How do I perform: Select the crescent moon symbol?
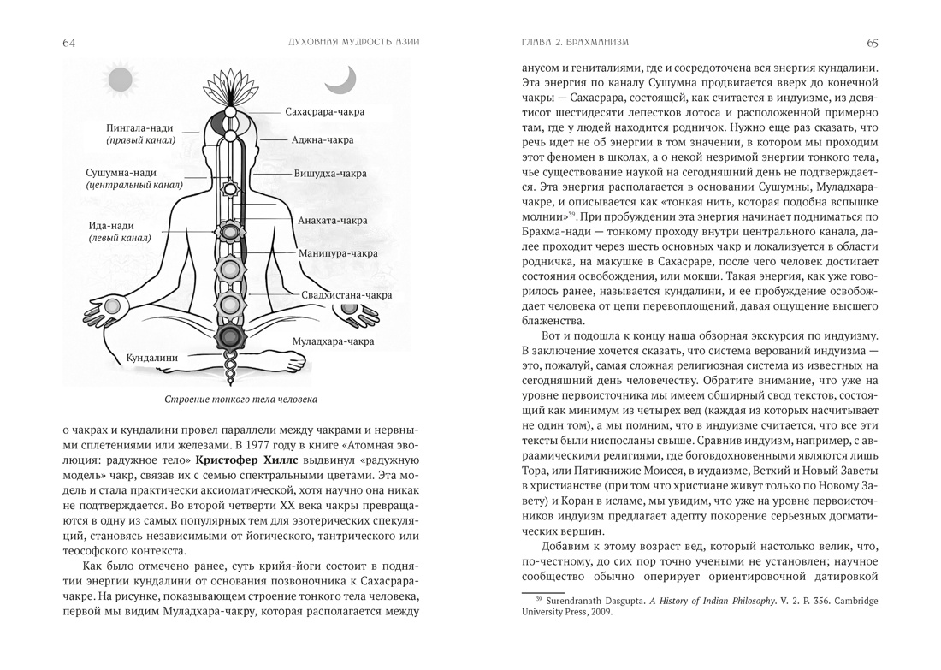pos(339,81)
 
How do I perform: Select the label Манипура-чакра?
pos(339,253)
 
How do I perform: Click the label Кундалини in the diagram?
pos(151,356)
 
